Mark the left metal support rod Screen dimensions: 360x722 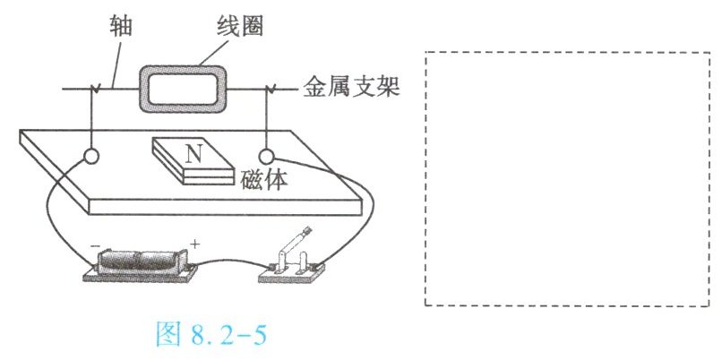tap(90, 116)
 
